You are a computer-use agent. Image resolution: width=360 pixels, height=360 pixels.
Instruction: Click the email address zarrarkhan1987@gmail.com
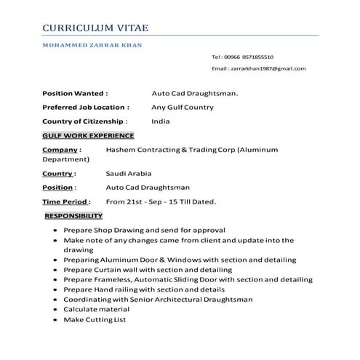(x=268, y=68)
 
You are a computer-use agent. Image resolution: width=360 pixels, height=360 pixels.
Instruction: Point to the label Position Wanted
(x=75, y=93)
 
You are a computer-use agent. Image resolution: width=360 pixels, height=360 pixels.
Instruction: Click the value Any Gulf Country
(x=183, y=107)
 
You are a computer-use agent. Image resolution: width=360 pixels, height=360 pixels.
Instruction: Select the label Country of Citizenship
(x=85, y=121)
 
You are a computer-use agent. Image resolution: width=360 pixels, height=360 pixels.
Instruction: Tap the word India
(x=160, y=121)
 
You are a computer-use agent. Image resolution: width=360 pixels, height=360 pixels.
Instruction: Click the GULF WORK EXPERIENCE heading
(x=88, y=135)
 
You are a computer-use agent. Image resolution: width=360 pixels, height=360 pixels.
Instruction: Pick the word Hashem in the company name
(x=120, y=148)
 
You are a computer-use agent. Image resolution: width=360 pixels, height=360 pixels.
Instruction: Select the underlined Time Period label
(x=66, y=201)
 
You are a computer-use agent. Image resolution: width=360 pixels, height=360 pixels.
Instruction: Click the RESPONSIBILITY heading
(x=73, y=215)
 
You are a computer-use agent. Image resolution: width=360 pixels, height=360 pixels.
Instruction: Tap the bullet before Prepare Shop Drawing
(x=56, y=230)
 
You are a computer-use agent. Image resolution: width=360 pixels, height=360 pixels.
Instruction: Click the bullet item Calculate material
(x=96, y=309)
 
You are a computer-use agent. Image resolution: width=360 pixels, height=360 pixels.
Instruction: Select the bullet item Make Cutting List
(x=95, y=319)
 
